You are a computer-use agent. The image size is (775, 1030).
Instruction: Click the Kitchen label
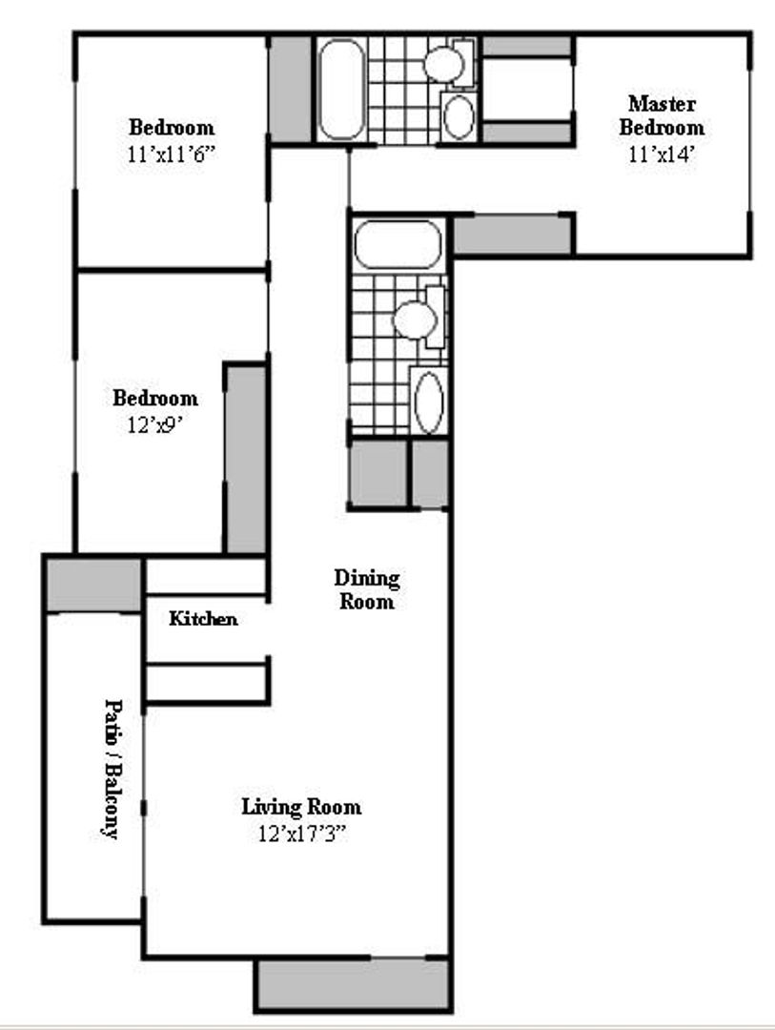click(x=203, y=619)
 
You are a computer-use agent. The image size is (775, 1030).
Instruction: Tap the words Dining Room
click(x=366, y=589)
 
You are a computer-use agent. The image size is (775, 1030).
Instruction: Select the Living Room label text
click(x=300, y=807)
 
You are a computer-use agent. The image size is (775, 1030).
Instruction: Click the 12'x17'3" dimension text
click(x=300, y=834)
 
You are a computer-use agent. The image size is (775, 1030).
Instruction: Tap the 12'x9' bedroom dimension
click(x=154, y=425)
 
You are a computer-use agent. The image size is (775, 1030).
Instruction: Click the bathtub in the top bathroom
click(x=340, y=90)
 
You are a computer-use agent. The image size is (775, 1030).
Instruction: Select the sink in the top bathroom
click(x=459, y=117)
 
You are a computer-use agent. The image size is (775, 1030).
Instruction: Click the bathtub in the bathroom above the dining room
click(x=398, y=245)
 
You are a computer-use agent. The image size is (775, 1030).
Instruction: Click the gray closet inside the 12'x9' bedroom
click(x=245, y=458)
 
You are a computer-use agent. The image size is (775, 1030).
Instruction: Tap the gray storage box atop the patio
click(x=93, y=584)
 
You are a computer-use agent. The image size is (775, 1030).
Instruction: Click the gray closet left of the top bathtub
click(x=290, y=89)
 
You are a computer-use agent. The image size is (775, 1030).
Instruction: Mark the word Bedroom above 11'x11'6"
click(x=172, y=127)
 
